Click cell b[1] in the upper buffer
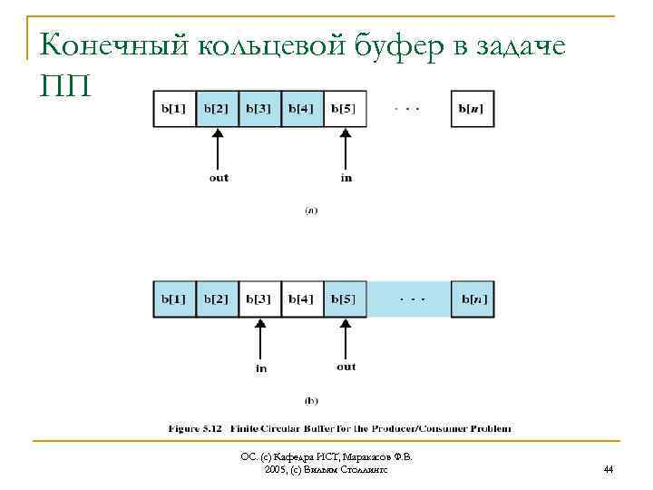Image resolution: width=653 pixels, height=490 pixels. [x=174, y=109]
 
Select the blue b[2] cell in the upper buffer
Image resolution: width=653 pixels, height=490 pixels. [x=217, y=109]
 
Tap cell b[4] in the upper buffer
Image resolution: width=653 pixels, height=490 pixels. [x=302, y=109]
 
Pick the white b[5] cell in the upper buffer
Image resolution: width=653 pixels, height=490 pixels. [x=345, y=109]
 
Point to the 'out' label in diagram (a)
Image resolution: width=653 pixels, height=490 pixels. [x=219, y=178]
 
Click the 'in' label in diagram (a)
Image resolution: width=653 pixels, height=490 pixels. [x=346, y=178]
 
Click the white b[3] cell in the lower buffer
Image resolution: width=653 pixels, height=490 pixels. [x=260, y=299]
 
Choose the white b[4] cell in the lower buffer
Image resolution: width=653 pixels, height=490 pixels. [x=302, y=299]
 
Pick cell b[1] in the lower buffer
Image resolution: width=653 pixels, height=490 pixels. [x=174, y=299]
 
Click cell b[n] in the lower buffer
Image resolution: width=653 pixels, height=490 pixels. [x=473, y=299]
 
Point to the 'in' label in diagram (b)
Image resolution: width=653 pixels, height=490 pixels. [x=261, y=368]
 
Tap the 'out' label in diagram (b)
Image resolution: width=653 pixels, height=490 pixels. [x=346, y=367]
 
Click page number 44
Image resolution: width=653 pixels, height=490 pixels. [x=608, y=469]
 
